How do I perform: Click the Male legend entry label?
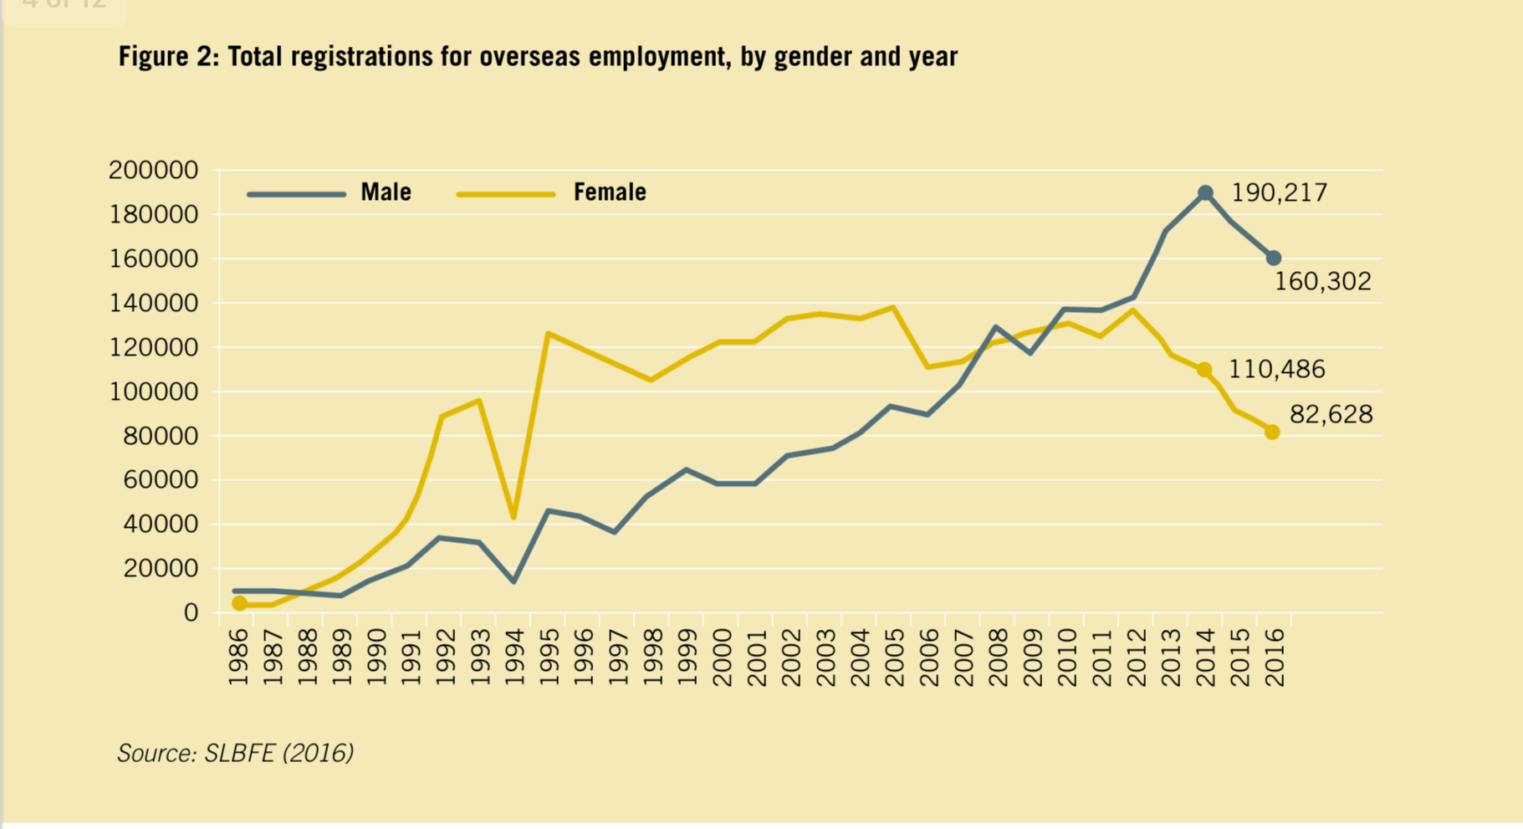pyautogui.click(x=386, y=192)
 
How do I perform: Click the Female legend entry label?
pyautogui.click(x=609, y=192)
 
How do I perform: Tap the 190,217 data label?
pyautogui.click(x=1279, y=193)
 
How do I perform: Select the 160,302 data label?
pyautogui.click(x=1322, y=282)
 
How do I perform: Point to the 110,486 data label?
pyautogui.click(x=1276, y=370)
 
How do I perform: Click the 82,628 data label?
pyautogui.click(x=1331, y=415)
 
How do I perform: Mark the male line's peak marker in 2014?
pyautogui.click(x=1205, y=193)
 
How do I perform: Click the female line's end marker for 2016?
pyautogui.click(x=1272, y=432)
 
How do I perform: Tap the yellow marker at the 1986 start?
pyautogui.click(x=240, y=603)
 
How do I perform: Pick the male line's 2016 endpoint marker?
pyautogui.click(x=1273, y=258)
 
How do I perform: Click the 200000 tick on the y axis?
pyautogui.click(x=154, y=171)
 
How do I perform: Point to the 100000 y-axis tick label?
pyautogui.click(x=154, y=391)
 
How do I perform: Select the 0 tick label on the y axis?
pyautogui.click(x=191, y=613)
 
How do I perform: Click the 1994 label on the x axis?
pyautogui.click(x=514, y=658)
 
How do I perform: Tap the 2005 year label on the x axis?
pyautogui.click(x=894, y=658)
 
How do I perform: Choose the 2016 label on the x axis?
pyautogui.click(x=1274, y=658)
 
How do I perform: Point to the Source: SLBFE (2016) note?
pyautogui.click(x=235, y=753)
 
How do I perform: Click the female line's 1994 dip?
pyautogui.click(x=514, y=517)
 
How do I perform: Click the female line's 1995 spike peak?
pyautogui.click(x=547, y=334)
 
